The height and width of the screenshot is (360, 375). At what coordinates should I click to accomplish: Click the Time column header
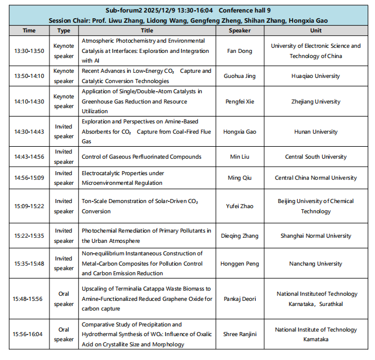click(28, 30)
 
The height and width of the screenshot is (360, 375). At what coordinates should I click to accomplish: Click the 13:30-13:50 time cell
click(28, 51)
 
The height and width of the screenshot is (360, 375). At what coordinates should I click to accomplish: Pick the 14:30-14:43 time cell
click(28, 131)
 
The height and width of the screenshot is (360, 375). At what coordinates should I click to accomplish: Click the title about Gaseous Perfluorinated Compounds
click(141, 156)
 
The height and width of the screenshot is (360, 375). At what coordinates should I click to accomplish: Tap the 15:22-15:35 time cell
click(28, 235)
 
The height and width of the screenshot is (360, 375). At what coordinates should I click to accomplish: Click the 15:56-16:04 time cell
click(28, 334)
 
